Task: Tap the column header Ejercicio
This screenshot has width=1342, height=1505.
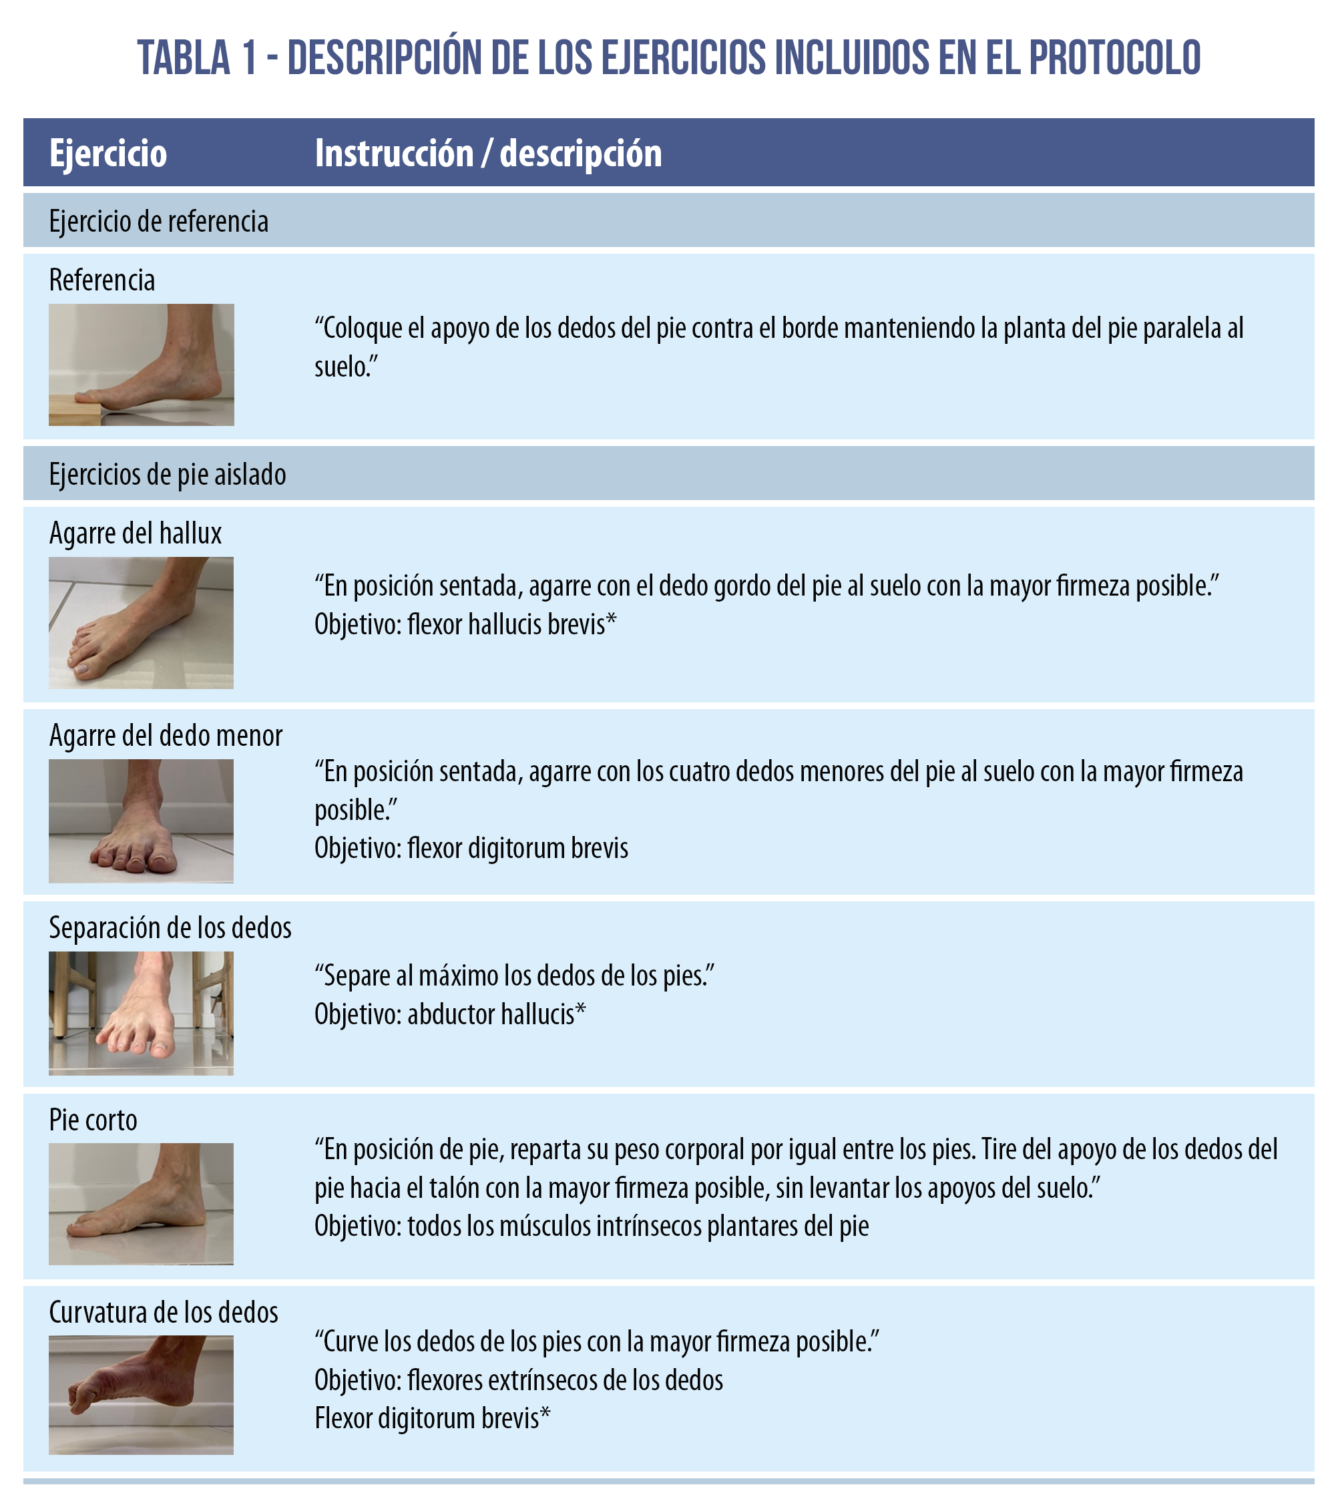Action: click(108, 154)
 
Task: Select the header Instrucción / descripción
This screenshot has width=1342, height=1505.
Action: click(488, 154)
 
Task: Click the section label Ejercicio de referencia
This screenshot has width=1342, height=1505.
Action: click(158, 221)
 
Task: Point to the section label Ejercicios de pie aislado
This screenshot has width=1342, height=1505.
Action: click(168, 474)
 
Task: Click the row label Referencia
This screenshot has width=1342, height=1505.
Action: click(101, 280)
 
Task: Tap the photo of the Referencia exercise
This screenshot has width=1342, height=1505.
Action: click(142, 365)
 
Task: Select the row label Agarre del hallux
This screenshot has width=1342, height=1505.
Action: click(135, 533)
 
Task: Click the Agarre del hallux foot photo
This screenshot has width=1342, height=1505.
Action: click(142, 622)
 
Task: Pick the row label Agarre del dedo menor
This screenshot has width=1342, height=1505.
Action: click(166, 735)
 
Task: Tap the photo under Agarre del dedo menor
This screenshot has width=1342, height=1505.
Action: click(142, 821)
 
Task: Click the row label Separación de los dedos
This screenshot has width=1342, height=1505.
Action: click(170, 927)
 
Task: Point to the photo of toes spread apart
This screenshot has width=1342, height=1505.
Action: click(142, 1013)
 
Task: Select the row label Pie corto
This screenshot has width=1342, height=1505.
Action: click(93, 1120)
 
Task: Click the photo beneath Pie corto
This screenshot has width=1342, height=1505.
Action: click(142, 1203)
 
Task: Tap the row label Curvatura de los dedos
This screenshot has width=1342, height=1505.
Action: click(164, 1313)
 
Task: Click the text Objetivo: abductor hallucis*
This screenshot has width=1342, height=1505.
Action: click(450, 1014)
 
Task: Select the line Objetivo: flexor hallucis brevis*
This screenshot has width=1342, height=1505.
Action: click(465, 624)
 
